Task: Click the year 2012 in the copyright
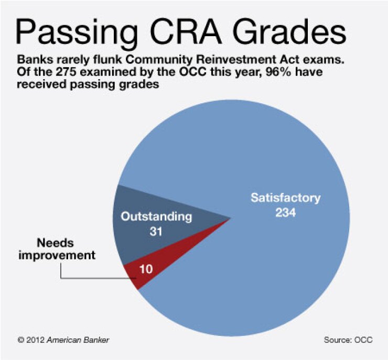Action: (x=36, y=340)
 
